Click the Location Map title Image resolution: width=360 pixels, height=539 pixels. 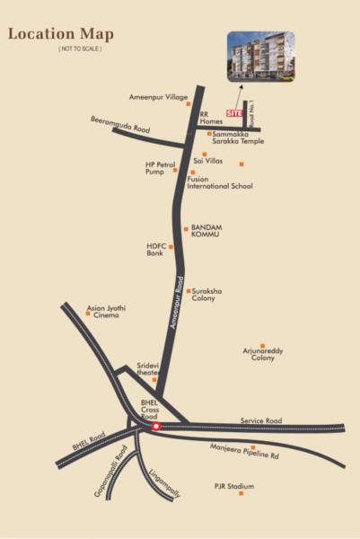[61, 34]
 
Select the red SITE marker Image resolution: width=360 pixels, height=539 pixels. [234, 113]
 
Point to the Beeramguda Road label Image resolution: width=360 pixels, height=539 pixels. [120, 123]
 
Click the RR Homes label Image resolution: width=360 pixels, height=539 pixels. [211, 116]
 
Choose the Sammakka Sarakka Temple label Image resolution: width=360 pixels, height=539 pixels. [239, 137]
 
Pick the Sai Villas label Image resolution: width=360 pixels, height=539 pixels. [207, 161]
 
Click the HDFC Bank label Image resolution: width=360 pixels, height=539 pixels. [157, 249]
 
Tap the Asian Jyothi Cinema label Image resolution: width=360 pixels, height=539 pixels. [106, 312]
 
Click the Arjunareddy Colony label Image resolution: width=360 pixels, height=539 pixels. [262, 354]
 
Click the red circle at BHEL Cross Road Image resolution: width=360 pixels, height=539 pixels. [156, 427]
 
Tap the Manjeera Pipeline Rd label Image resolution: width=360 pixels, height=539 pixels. [244, 452]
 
